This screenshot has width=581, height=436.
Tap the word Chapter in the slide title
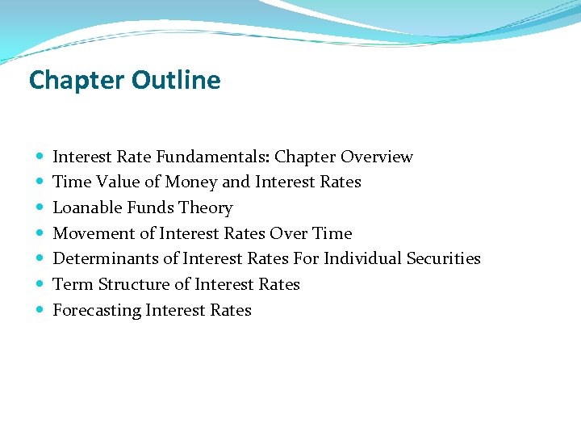77,80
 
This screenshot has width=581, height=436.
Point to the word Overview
376,157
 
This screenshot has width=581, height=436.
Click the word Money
194,182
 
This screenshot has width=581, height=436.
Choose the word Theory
206,208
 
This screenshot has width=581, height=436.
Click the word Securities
443,259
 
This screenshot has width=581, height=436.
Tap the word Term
73,284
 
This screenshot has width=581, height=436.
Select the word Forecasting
98,310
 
